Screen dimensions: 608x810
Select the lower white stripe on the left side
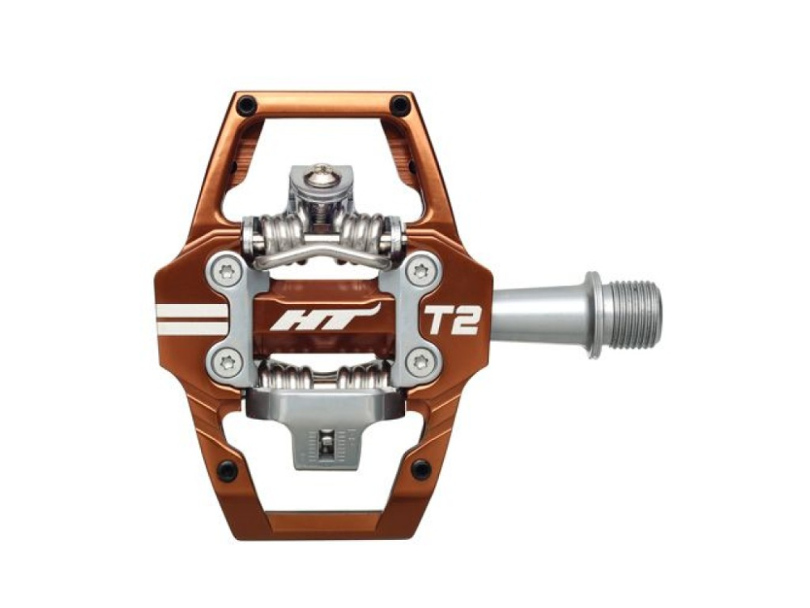pyautogui.click(x=193, y=328)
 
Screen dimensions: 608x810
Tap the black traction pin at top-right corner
pyautogui.click(x=399, y=105)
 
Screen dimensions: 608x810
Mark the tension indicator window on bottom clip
pyautogui.click(x=325, y=443)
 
